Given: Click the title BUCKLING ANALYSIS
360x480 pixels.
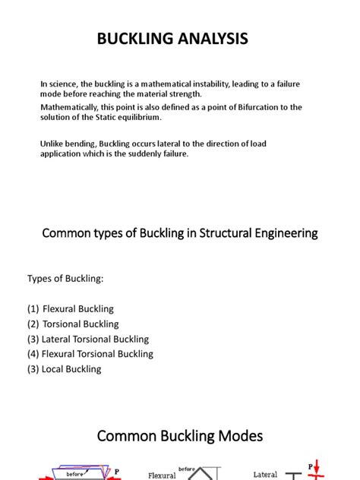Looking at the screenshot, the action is point(172,39).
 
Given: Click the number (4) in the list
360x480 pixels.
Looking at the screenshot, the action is point(33,354).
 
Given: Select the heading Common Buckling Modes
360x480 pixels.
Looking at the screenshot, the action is point(179,436).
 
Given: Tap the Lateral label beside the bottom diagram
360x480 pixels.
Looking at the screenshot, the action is point(265,475).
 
